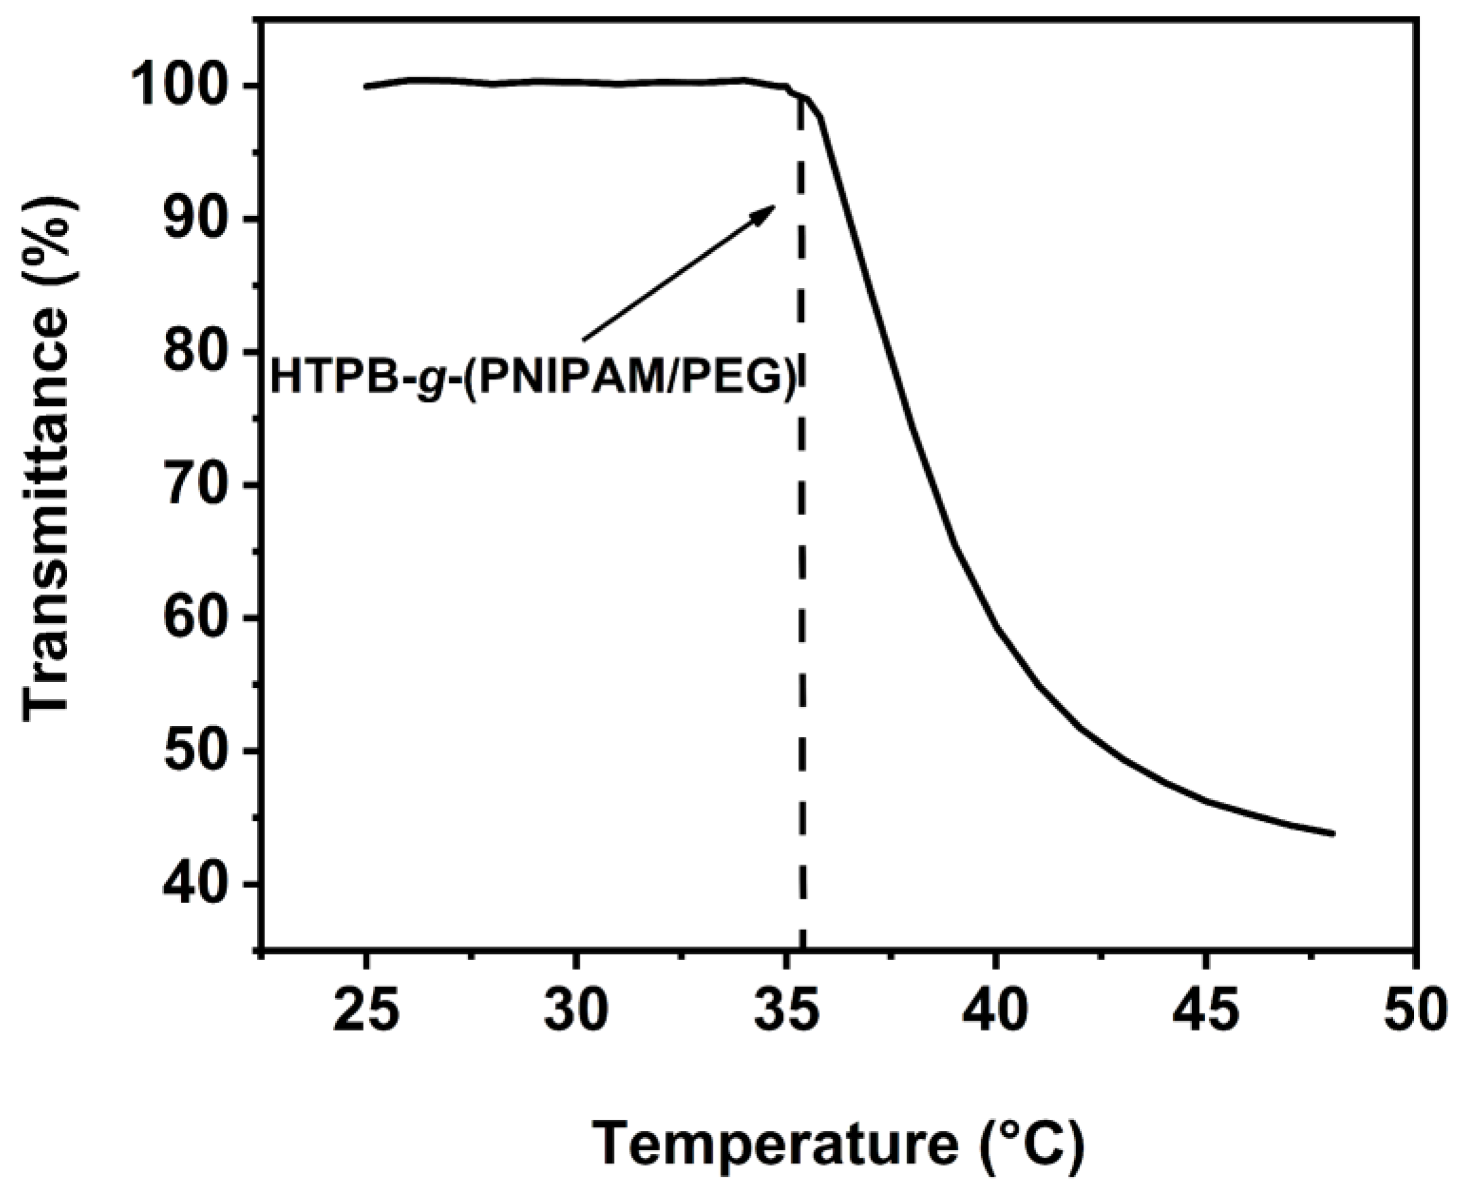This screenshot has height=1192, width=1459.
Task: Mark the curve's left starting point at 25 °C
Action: [x=366, y=87]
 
